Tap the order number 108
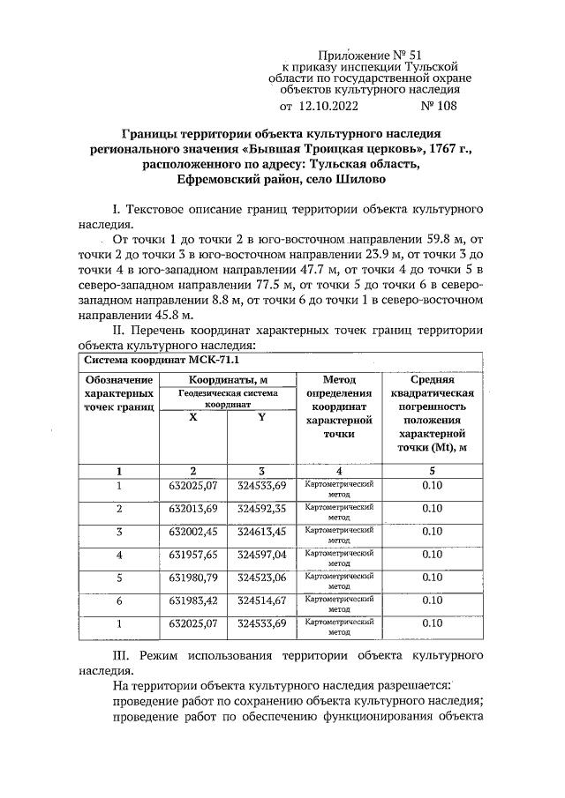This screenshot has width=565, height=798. coord(443,108)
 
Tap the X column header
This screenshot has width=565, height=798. coord(193,418)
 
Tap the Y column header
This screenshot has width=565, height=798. coord(261,418)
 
